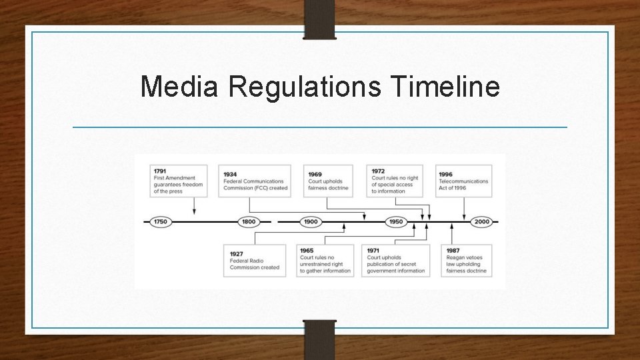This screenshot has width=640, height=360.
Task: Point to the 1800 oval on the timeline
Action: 249,221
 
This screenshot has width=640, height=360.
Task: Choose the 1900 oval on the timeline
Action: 311,221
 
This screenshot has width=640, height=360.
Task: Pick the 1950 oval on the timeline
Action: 396,221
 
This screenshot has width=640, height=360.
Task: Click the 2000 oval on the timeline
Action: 481,221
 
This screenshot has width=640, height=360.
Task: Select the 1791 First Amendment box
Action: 179,181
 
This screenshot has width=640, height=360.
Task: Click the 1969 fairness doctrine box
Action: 328,181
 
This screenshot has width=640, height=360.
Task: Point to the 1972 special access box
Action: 395,181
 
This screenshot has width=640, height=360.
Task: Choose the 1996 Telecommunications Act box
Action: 464,181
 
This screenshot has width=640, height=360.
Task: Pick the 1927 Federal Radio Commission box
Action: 255,261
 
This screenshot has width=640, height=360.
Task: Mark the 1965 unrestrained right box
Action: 326,261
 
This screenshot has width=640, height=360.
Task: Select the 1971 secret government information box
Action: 396,261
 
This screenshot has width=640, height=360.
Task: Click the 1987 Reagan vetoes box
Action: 466,261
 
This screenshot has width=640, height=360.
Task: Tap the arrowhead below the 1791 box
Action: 194,211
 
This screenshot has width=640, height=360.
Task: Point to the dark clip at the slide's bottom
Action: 320,340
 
